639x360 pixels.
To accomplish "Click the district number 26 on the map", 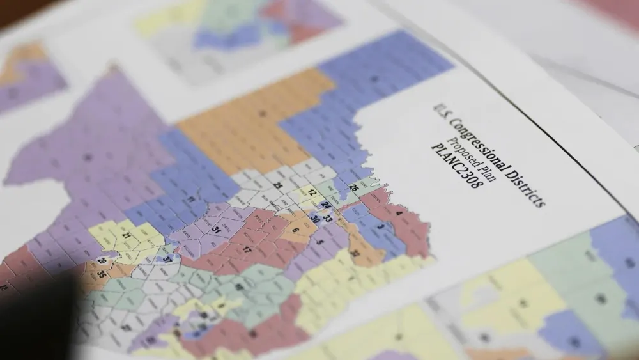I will tap(354, 187).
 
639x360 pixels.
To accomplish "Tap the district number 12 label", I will tap(311, 192).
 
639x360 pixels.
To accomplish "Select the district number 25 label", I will tap(278, 185).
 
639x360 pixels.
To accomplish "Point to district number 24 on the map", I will tap(326, 205).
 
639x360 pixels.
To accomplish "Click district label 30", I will tap(314, 219).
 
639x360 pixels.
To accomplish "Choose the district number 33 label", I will tap(328, 218).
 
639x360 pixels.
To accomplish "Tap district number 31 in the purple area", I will tap(217, 230).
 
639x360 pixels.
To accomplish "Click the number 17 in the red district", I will tap(247, 250).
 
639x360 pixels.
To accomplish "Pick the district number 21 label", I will tap(126, 236).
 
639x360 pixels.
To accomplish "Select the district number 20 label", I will tap(102, 261).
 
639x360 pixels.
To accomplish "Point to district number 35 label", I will tap(102, 274).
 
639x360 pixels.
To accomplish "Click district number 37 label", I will tap(167, 260).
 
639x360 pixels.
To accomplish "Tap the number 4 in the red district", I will tap(399, 214).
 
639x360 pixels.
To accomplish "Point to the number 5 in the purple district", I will tap(319, 242).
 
